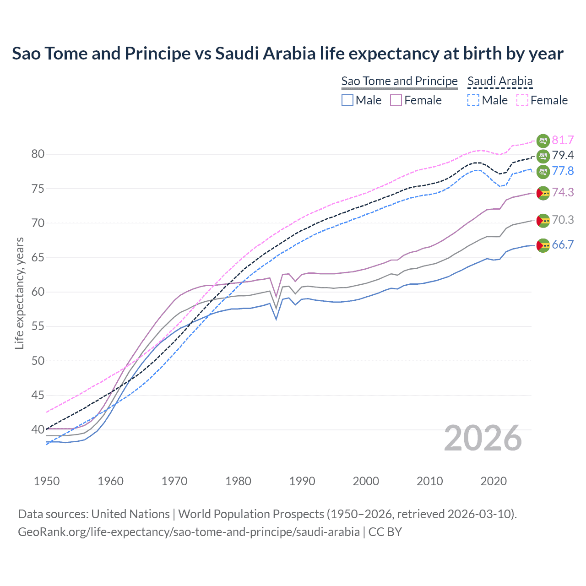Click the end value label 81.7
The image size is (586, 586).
pos(563,140)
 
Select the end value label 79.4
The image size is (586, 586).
pos(563,156)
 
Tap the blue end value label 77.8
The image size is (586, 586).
pos(563,171)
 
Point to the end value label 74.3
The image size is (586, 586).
pos(563,192)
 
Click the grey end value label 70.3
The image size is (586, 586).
pos(563,220)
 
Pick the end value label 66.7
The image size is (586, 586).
pos(563,245)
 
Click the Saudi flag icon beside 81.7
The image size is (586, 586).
pos(543,141)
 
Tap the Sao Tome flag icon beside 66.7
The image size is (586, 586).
pos(543,245)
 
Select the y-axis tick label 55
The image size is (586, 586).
pos(38,326)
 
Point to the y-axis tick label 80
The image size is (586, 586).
pos(38,154)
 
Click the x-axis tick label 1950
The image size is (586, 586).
pos(47,481)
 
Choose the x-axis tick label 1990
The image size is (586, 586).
pos(302,481)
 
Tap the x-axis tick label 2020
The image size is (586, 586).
pos(494,481)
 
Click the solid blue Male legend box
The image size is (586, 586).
pos(347,100)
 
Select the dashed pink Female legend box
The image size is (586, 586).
pos(522,100)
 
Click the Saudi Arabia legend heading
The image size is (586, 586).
pos(500,81)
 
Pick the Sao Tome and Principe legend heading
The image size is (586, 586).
pos(399,81)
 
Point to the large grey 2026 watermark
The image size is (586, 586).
pos(483,438)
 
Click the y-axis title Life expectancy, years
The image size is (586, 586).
pos(19,293)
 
